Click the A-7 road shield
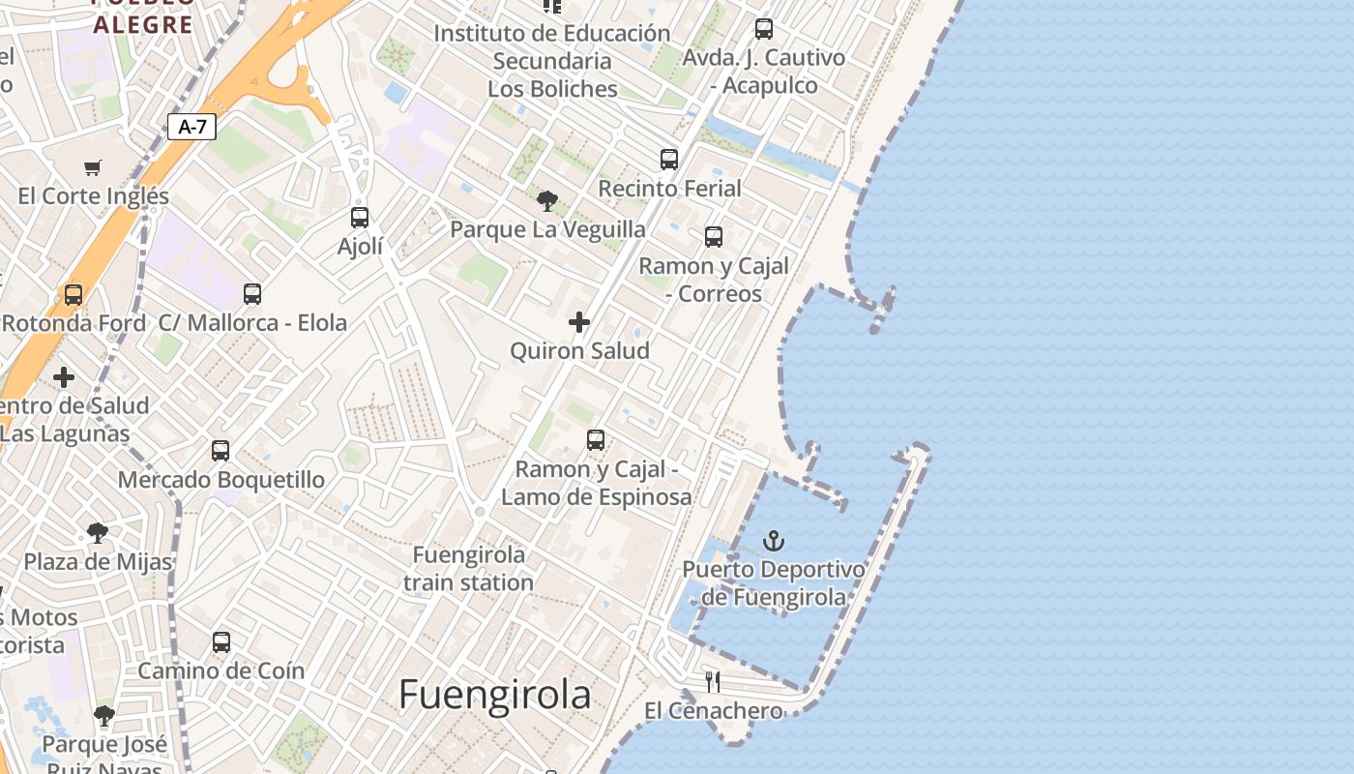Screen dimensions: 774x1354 pos(191,127)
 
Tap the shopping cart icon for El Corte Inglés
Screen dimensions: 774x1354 pos(93,168)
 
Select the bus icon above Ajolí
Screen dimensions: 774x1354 pos(360,218)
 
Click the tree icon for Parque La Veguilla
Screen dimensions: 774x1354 pos(547,201)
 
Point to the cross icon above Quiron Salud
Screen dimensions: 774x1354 pos(579,322)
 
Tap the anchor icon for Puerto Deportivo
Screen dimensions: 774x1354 pos(773,541)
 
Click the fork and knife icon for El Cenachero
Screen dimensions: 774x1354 pos(713,682)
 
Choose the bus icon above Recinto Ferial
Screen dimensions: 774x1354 pos(669,160)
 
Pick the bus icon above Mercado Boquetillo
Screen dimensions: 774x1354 pos(221,451)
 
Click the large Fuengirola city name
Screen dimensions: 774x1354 pos(495,695)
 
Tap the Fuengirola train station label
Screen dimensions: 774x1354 pos(469,569)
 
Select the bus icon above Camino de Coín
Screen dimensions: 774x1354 pos(221,642)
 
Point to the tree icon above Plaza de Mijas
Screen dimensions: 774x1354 pos(97,532)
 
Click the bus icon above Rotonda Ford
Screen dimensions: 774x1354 pos(74,295)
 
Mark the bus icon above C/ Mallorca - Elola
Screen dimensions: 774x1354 pos(252,294)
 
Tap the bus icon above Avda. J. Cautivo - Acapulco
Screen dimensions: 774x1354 pos(764,29)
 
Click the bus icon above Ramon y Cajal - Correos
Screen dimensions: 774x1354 pos(714,237)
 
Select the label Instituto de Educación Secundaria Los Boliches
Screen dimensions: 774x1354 pos(552,61)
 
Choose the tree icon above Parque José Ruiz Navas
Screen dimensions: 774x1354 pos(104,717)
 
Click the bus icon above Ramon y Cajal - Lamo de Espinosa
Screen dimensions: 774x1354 pos(596,441)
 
